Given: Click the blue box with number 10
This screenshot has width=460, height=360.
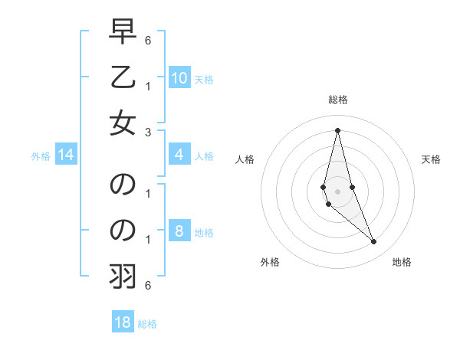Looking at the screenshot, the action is [179, 77].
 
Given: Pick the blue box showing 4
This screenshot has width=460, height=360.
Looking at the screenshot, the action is [179, 155].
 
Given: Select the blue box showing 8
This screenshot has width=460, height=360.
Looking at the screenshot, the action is [179, 231].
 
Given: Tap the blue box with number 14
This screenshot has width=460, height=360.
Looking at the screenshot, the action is [66, 155].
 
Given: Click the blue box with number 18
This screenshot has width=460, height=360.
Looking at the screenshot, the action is [123, 322].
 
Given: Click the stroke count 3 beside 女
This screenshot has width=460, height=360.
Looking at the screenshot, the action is [148, 132].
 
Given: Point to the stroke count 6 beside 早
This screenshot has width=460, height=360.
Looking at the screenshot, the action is [148, 38].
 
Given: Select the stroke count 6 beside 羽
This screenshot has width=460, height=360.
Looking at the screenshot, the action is [148, 286].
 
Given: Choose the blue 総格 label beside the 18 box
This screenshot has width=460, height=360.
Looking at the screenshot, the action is [147, 323].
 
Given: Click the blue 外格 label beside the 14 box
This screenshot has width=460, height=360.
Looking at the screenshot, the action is [41, 156].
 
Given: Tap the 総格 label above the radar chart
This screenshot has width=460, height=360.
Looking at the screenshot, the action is [338, 100].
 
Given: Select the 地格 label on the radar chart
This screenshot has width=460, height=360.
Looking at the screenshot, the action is [402, 262].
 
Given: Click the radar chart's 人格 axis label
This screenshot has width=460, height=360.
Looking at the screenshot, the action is [245, 159].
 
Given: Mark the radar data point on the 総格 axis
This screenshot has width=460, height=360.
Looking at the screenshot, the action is [337, 130].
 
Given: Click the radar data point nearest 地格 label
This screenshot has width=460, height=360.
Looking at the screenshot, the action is [374, 242].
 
